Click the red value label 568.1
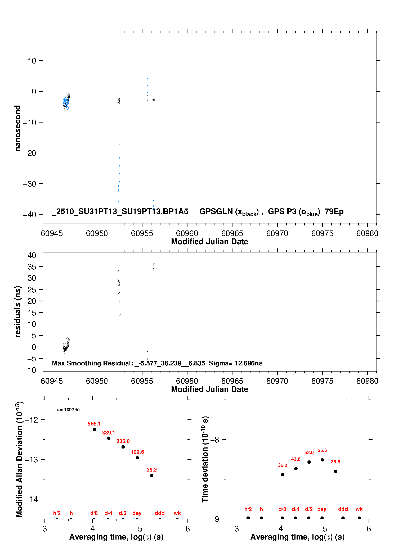(94, 424)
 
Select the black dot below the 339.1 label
(109, 438)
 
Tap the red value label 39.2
(151, 470)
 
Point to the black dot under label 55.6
(322, 460)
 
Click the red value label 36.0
(282, 465)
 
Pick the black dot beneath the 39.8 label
(335, 471)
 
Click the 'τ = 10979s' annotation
(68, 410)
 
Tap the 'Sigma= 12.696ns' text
(235, 363)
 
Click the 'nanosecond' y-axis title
(18, 128)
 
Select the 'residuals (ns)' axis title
(18, 311)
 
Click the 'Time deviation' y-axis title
(205, 459)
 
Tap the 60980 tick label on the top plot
(367, 233)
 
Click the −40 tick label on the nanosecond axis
(29, 214)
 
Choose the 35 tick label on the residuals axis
(32, 267)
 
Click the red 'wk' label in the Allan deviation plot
(177, 513)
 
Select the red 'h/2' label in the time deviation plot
(248, 509)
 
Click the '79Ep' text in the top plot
(334, 212)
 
